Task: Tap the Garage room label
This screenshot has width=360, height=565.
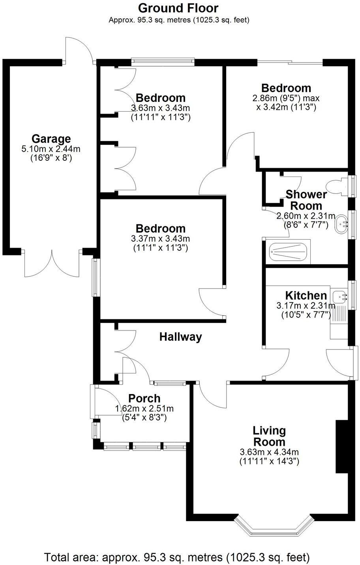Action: point(51,139)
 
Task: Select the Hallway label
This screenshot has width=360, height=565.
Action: point(180,337)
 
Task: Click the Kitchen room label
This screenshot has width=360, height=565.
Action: point(306,295)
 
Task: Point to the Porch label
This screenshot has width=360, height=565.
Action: point(144,398)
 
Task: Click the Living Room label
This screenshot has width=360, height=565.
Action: point(269,436)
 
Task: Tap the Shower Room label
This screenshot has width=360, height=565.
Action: point(306,200)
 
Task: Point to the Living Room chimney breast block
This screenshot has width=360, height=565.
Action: point(341,447)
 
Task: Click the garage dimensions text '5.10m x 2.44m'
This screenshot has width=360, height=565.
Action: point(51,149)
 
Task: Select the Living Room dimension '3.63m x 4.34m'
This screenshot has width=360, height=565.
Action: point(269,452)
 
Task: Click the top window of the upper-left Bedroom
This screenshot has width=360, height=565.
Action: point(163,61)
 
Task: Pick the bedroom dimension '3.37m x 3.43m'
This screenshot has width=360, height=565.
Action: point(160,238)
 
